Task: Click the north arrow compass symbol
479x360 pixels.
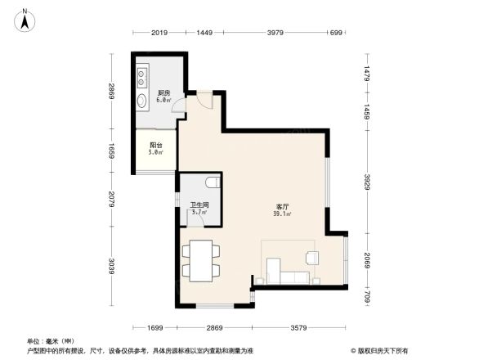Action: (26, 17)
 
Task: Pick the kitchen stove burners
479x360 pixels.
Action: (142, 75)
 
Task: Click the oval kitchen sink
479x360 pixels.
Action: (142, 102)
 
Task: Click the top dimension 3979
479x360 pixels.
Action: (275, 34)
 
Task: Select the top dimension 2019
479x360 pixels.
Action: (159, 34)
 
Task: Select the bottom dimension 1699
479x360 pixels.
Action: (159, 327)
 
